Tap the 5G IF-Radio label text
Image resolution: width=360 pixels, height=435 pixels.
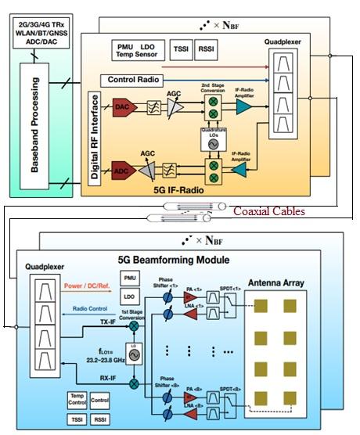[x=179, y=188]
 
